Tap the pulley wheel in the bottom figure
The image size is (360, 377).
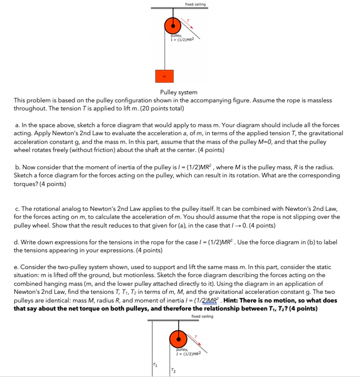[178, 340]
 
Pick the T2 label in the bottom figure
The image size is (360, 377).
[173, 370]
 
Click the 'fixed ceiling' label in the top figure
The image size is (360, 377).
[195, 4]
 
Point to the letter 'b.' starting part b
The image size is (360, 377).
[17, 167]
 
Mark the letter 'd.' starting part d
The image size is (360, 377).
[16, 242]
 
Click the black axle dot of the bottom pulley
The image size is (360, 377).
[178, 340]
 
